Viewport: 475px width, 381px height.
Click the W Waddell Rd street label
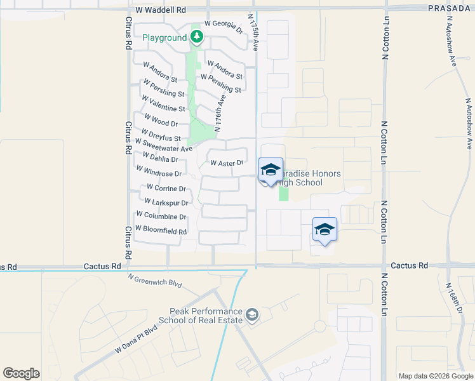pyautogui.click(x=161, y=10)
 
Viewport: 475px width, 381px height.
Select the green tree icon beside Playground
pyautogui.click(x=197, y=37)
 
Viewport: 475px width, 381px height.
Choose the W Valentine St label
pyautogui.click(x=163, y=104)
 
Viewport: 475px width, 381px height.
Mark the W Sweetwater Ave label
pyautogui.click(x=163, y=145)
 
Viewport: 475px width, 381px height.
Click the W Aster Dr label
pyautogui.click(x=227, y=163)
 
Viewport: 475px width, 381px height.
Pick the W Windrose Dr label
pyautogui.click(x=159, y=171)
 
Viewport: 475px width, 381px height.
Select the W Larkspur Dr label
pyautogui.click(x=166, y=203)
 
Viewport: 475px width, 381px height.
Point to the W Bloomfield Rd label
pyautogui.click(x=161, y=231)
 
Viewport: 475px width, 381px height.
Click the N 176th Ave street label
pyautogui.click(x=220, y=114)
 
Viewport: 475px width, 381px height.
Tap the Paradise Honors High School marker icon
pyautogui.click(x=271, y=170)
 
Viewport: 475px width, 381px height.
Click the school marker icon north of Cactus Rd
pyautogui.click(x=324, y=229)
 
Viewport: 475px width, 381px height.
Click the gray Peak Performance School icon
pyautogui.click(x=253, y=314)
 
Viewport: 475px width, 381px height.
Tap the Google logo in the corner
pyautogui.click(x=21, y=373)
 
